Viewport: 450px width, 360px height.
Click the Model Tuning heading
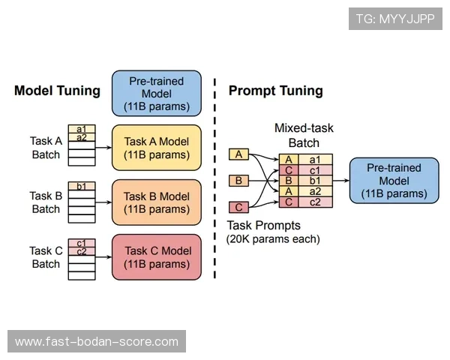coord(57,91)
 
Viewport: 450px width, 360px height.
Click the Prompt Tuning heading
coord(275,91)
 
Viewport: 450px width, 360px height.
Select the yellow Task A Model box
coord(157,148)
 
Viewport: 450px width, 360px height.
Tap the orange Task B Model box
coord(157,202)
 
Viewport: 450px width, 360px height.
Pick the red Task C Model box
coord(157,257)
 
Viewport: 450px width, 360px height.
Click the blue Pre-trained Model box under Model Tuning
coord(157,93)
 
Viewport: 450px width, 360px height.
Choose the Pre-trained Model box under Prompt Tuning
coord(394,181)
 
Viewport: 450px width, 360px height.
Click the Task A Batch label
coord(46,148)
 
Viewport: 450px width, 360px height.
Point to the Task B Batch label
coord(46,202)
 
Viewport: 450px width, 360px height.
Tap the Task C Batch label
coord(46,257)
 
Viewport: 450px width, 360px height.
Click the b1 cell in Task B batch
coord(82,186)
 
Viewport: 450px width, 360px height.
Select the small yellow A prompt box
coord(238,154)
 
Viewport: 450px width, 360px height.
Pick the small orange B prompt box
coord(238,181)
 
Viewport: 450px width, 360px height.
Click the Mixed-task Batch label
coord(304,136)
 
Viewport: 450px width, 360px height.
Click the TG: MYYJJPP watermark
coord(395,19)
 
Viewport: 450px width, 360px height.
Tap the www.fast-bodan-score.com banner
coord(97,342)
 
